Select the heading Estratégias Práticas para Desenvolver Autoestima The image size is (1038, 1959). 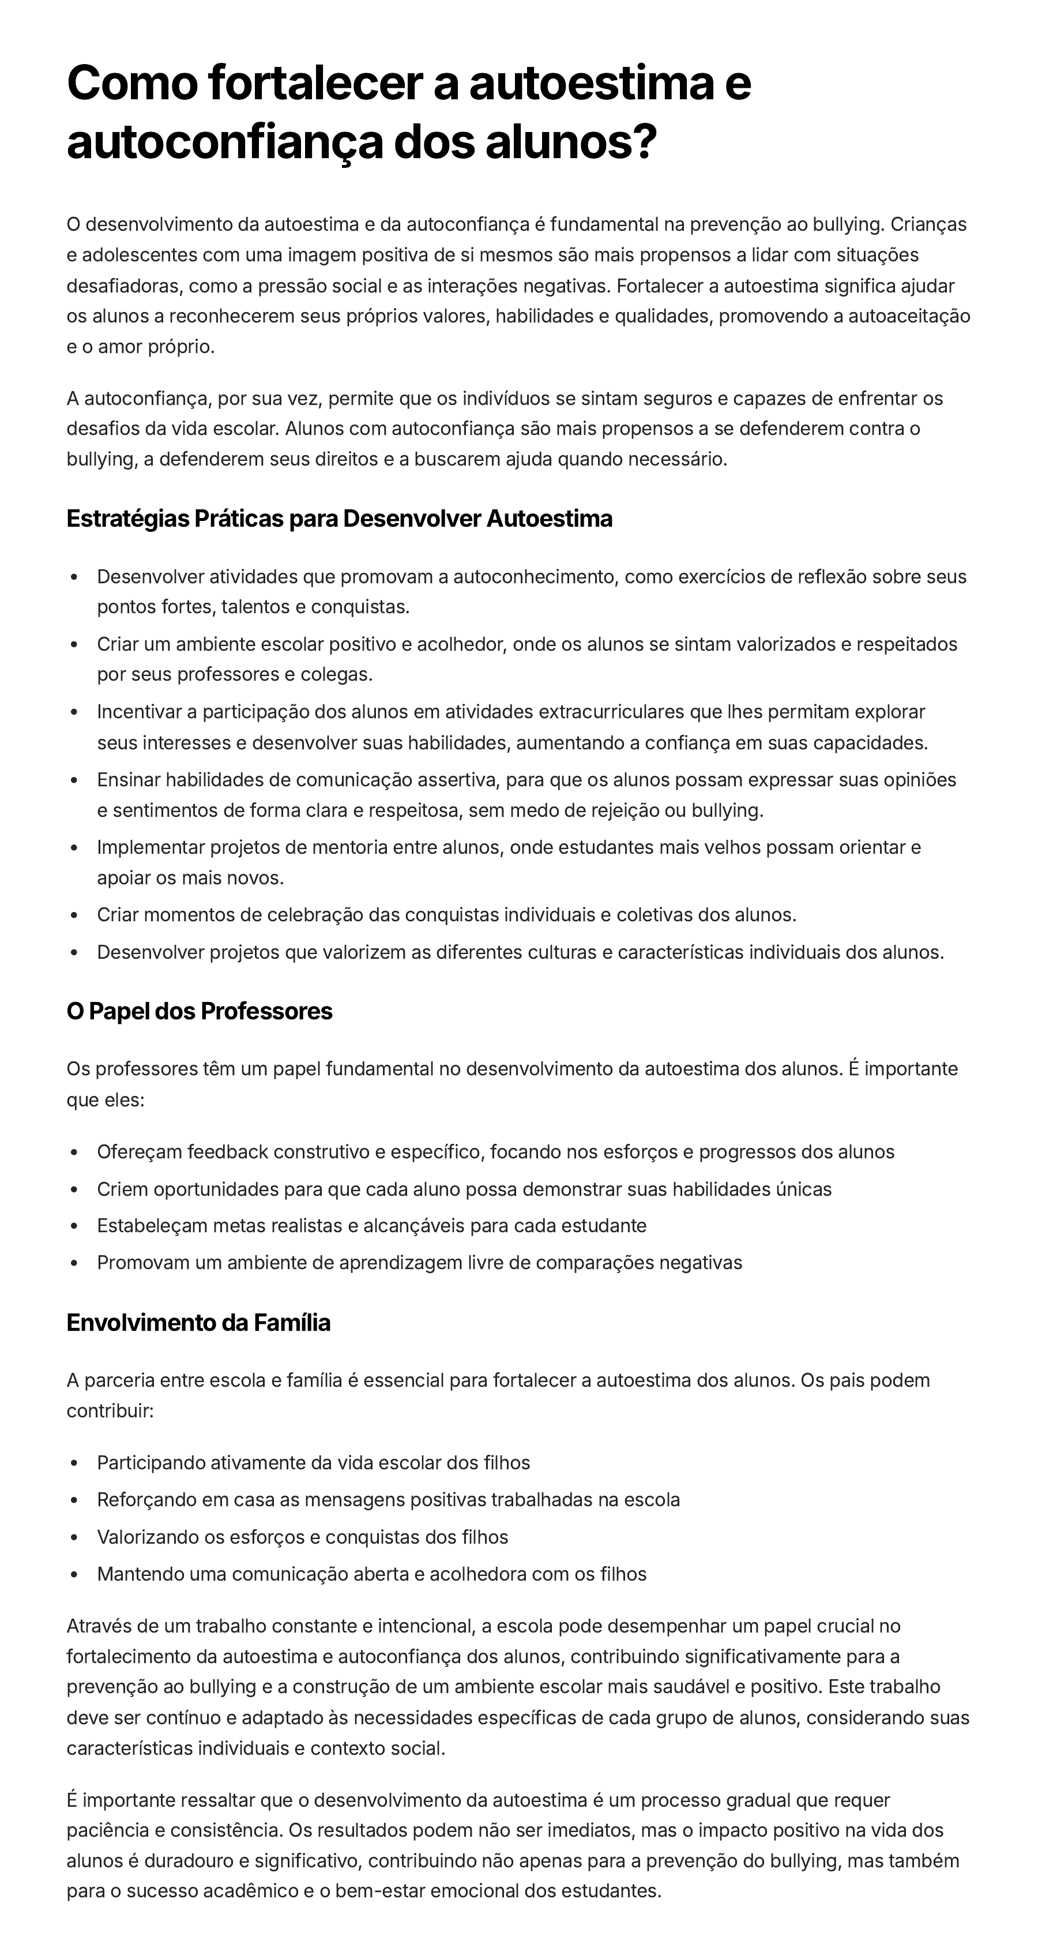(x=339, y=519)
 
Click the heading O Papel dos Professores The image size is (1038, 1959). (x=199, y=1011)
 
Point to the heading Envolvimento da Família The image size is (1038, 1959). (x=198, y=1323)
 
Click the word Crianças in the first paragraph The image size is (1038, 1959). (x=928, y=224)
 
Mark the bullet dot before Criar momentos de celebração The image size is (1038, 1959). (x=74, y=915)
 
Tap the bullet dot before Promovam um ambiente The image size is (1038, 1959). (x=74, y=1263)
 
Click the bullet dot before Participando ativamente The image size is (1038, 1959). (x=74, y=1463)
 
